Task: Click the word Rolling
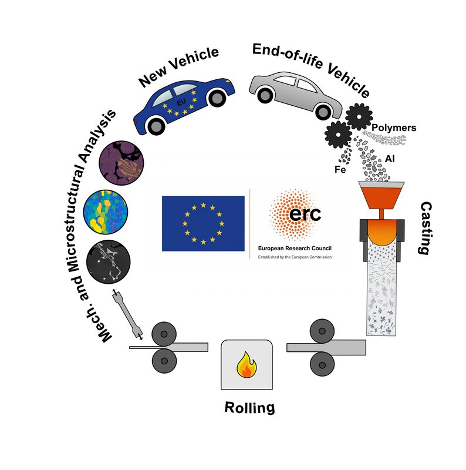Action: (x=249, y=408)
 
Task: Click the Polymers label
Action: (x=394, y=127)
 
